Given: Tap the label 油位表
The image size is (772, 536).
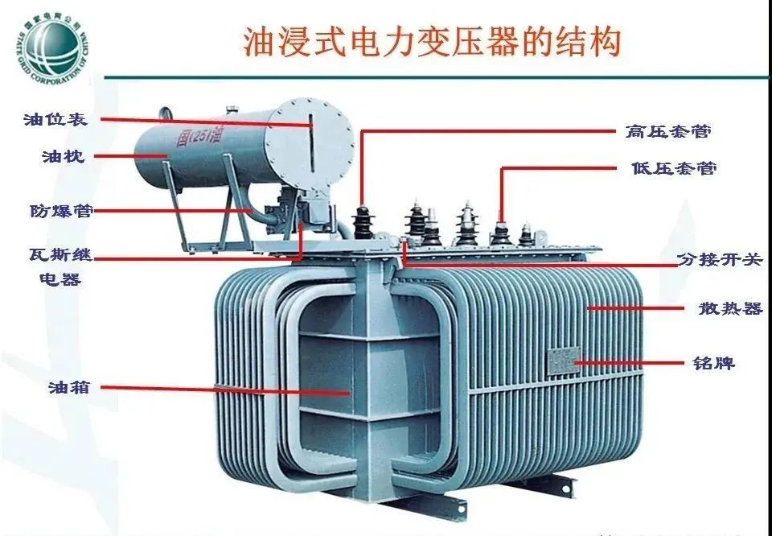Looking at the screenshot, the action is [x=55, y=119].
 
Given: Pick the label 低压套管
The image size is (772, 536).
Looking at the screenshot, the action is [x=674, y=168].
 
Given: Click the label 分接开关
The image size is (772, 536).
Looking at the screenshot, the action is [x=718, y=260].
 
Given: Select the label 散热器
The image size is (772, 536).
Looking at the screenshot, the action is [x=729, y=308].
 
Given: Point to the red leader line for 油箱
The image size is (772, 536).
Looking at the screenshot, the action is [x=225, y=390].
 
